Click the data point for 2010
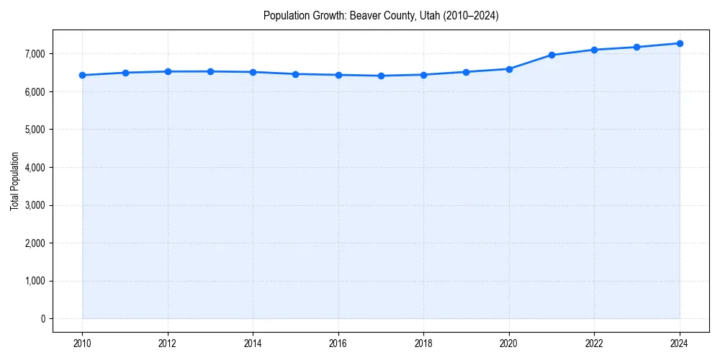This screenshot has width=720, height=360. click(83, 75)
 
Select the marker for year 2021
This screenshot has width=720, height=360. click(552, 55)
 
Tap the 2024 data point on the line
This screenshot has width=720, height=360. click(680, 43)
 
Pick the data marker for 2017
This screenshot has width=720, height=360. click(381, 76)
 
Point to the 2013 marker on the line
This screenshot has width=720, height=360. click(210, 71)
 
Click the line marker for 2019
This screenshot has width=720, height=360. click(467, 72)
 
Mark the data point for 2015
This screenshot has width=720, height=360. click(296, 74)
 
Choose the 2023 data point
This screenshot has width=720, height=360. click(637, 48)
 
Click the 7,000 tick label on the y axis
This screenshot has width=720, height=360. click(34, 54)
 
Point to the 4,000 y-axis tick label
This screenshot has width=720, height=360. click(34, 168)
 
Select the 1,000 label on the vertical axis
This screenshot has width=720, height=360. click(34, 281)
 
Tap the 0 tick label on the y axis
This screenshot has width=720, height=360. click(42, 319)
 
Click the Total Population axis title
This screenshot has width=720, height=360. click(14, 181)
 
